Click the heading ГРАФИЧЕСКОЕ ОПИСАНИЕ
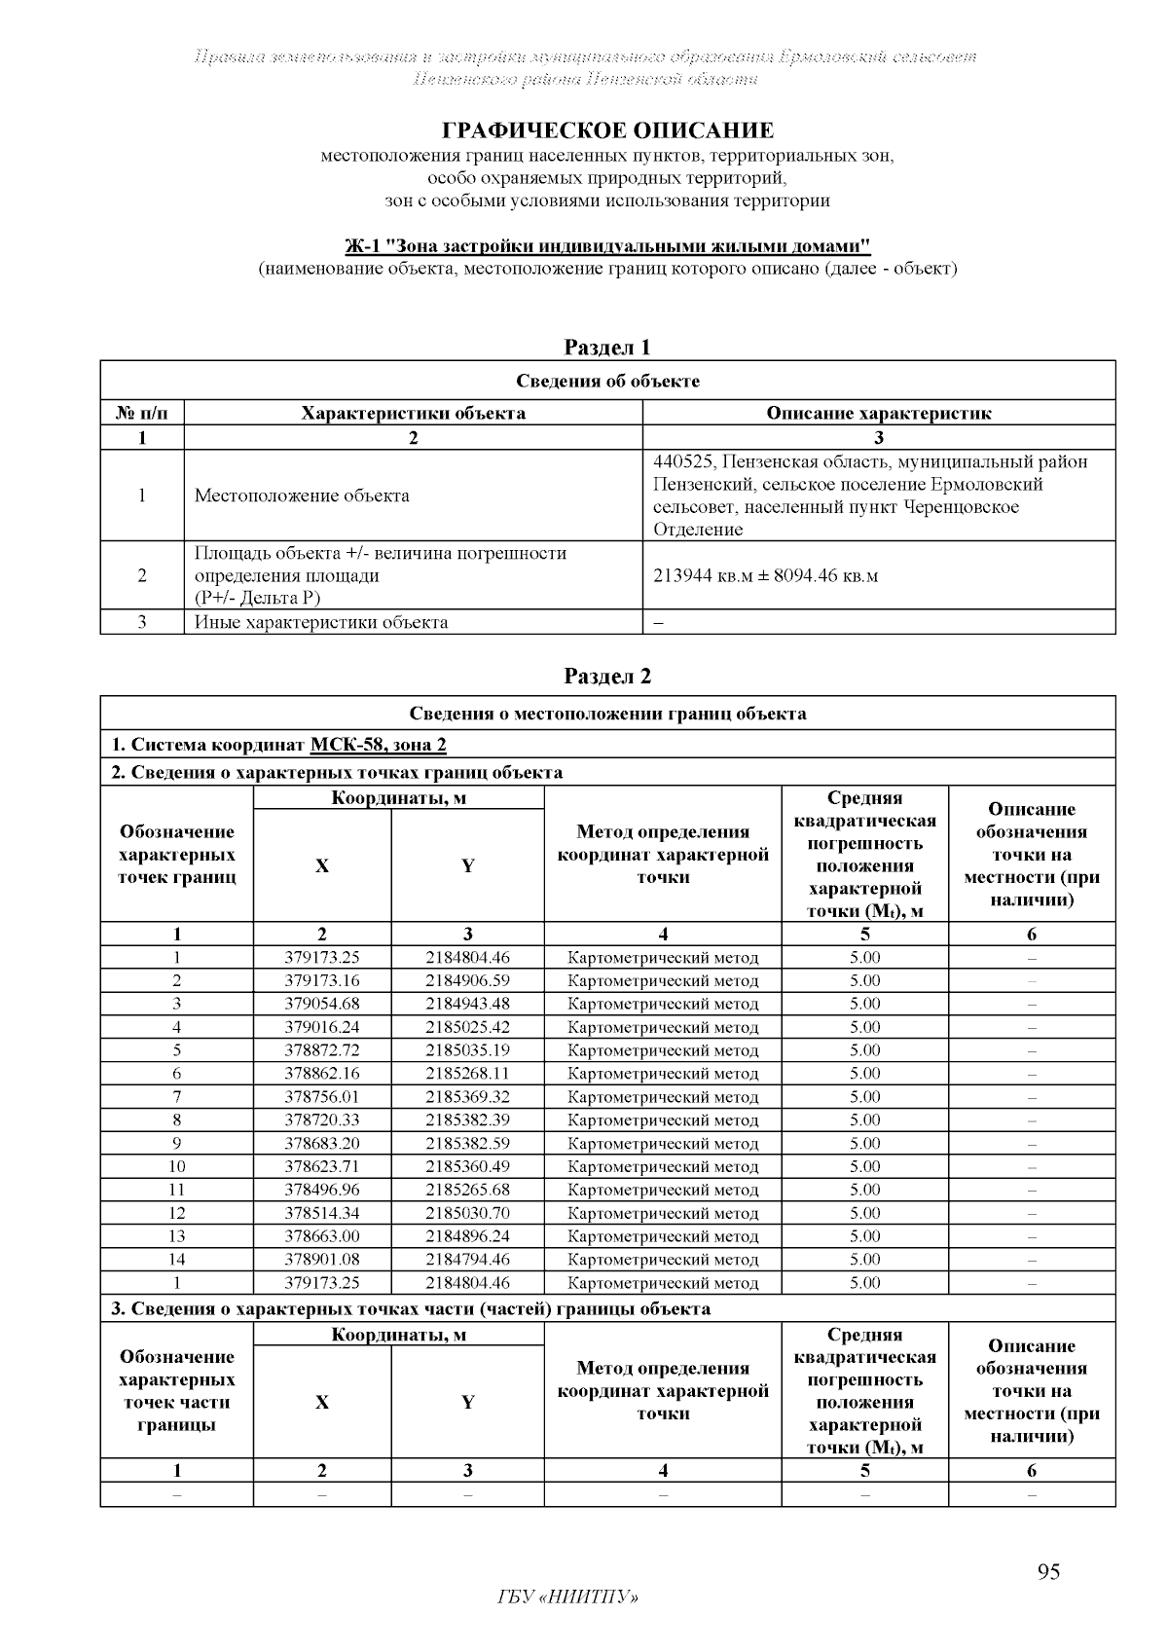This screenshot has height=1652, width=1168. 607,130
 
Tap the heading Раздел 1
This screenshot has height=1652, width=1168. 607,348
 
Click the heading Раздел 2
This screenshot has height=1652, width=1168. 607,677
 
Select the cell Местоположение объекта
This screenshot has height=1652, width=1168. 302,496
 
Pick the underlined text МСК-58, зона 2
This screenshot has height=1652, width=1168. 379,745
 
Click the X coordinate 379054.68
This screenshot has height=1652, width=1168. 322,1004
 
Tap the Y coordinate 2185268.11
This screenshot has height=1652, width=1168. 467,1074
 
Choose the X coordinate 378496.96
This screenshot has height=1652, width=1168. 322,1190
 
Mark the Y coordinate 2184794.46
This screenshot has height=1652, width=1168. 467,1260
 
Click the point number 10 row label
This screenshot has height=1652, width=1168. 177,1166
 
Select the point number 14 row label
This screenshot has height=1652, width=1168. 177,1260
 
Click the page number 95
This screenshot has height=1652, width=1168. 1048,1572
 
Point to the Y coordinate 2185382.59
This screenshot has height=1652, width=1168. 467,1143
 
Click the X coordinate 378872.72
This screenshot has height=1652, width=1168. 322,1050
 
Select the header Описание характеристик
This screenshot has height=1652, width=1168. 878,413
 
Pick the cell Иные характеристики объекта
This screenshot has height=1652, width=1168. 321,622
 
